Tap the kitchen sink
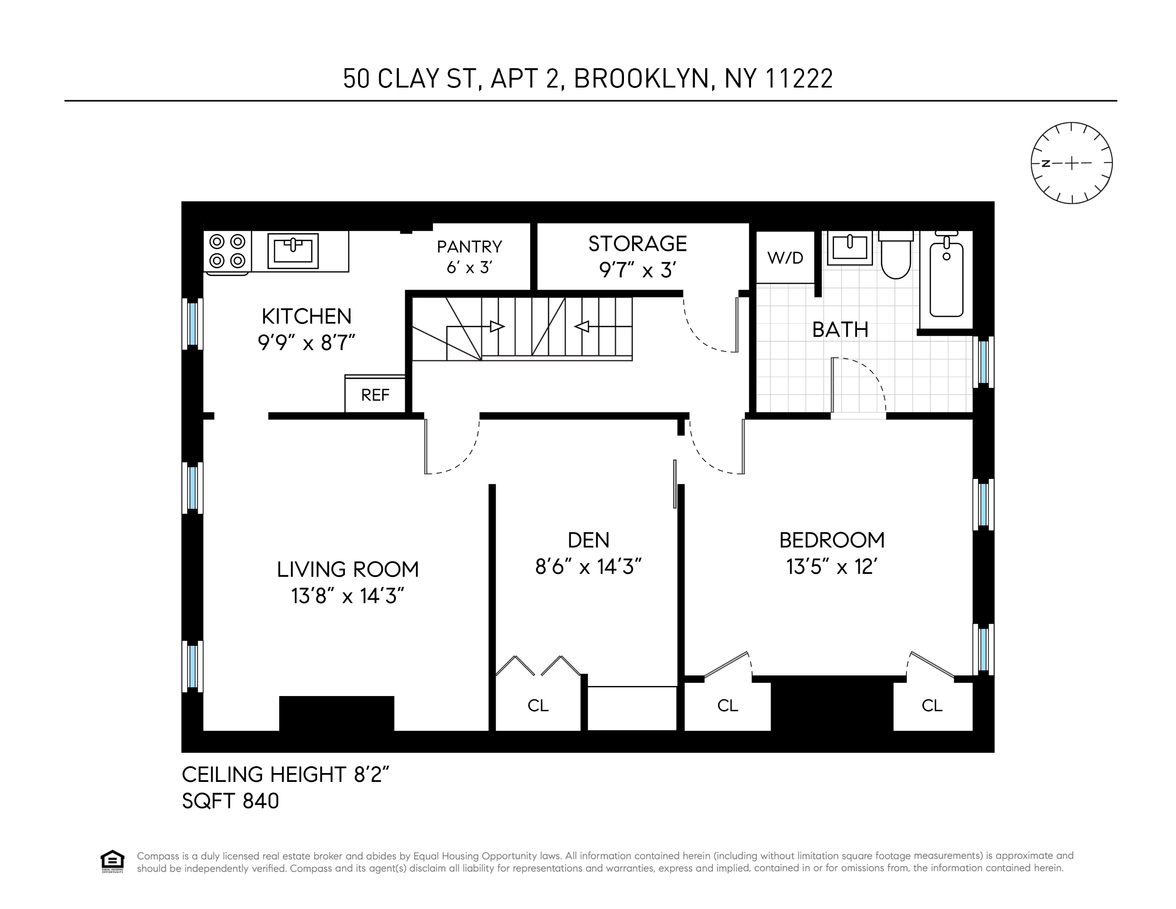click(293, 250)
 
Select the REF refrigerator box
click(375, 395)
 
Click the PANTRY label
click(469, 247)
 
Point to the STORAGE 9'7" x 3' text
click(637, 257)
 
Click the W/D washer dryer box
click(785, 258)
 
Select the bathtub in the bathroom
click(946, 280)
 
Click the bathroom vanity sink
click(849, 248)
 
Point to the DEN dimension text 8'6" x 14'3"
click(588, 566)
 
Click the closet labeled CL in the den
click(537, 705)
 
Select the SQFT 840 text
click(231, 801)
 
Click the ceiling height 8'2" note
click(285, 774)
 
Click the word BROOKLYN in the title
click(640, 79)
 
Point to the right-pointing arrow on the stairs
click(496, 326)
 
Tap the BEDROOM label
click(831, 540)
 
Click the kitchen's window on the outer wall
click(192, 324)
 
